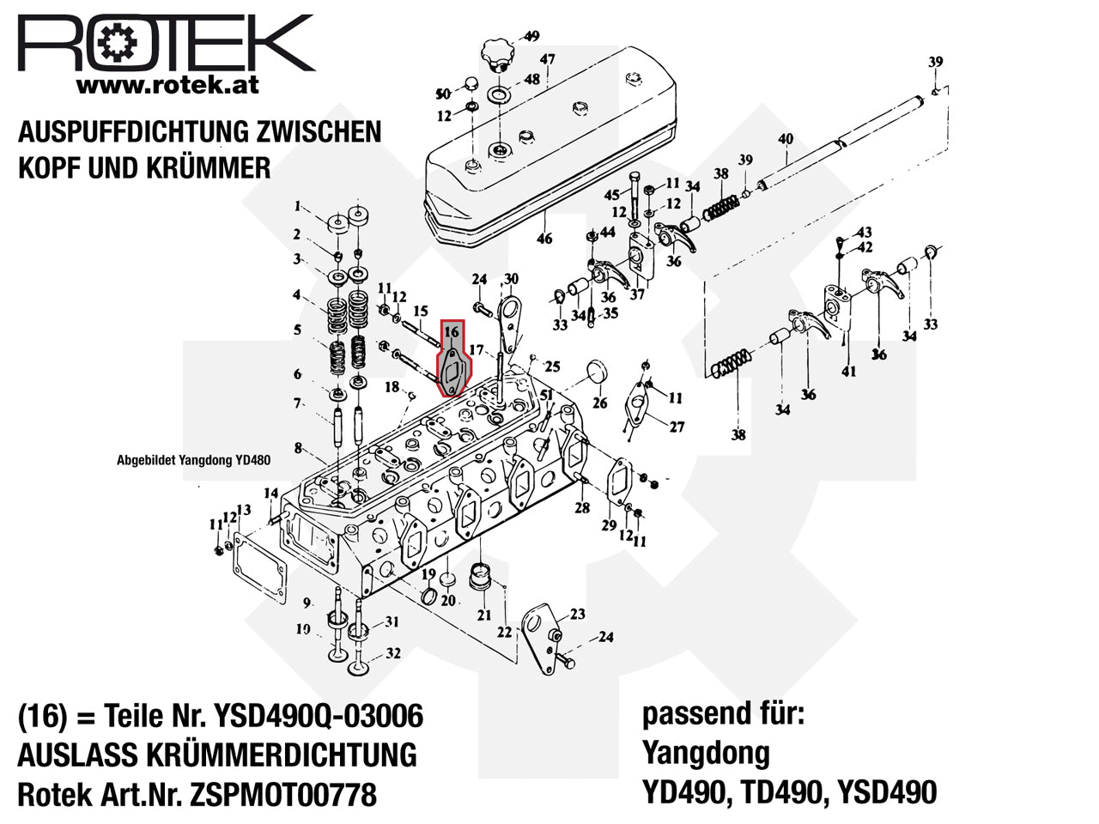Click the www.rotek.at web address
(167, 85)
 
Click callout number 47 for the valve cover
(547, 59)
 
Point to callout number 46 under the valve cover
(544, 239)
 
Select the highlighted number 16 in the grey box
(451, 331)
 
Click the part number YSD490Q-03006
(319, 716)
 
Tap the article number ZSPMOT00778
(282, 794)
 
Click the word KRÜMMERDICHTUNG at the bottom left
(282, 754)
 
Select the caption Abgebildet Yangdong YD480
(193, 460)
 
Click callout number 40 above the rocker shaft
(786, 138)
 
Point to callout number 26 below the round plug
(600, 403)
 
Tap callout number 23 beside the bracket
(578, 614)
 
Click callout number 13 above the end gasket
(244, 510)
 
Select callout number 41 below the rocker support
(848, 371)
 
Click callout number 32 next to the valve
(393, 653)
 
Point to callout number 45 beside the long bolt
(612, 195)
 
